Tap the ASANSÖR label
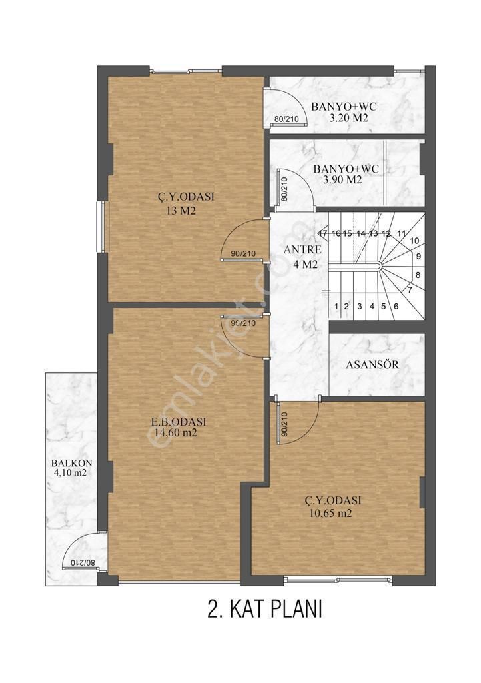pos(372,366)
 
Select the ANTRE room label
pos(302,250)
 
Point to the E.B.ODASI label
pos(178,422)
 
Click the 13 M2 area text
pos(181,211)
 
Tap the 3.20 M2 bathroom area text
pos(349,119)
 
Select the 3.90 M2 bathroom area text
pos(342,180)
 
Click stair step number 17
pos(323,233)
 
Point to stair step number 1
pos(337,307)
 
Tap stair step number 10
pos(414,241)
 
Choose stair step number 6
pos(396,307)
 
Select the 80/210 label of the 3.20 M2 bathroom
pos(286,119)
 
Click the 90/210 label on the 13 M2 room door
pos(243,253)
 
